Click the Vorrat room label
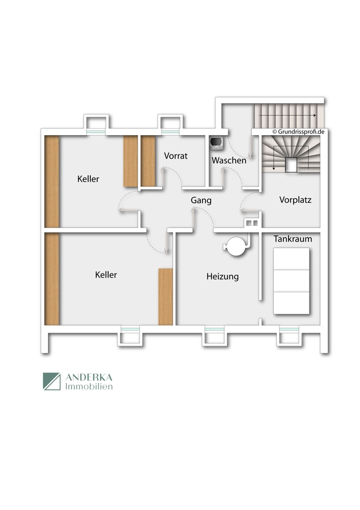[x=175, y=156]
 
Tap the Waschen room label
[x=229, y=160]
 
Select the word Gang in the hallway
[x=201, y=200]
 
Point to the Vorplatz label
[x=295, y=200]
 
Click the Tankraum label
[x=293, y=239]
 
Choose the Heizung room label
[x=222, y=276]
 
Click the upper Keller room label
[x=88, y=179]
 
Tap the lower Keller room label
[x=106, y=275]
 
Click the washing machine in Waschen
[x=216, y=143]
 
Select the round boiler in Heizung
[x=237, y=246]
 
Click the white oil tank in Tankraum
[x=291, y=281]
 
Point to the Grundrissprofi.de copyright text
[x=298, y=132]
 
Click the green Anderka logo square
[x=52, y=381]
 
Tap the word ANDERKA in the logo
[x=89, y=377]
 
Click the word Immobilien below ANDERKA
[x=89, y=387]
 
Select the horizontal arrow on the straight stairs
[x=288, y=115]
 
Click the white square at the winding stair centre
[x=291, y=165]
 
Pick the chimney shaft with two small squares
[x=252, y=223]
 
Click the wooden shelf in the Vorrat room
[x=148, y=161]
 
